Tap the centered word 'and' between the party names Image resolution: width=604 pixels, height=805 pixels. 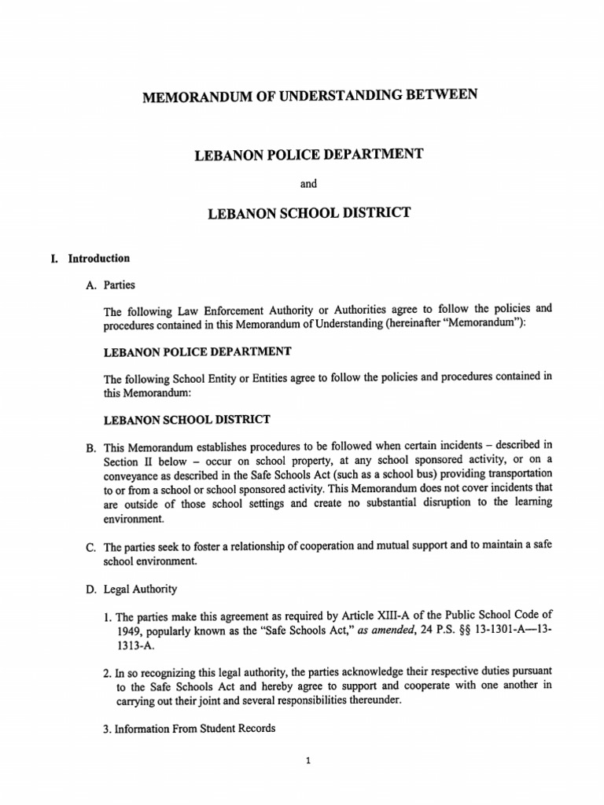pos(308,183)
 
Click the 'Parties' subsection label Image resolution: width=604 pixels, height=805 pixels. pos(119,285)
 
